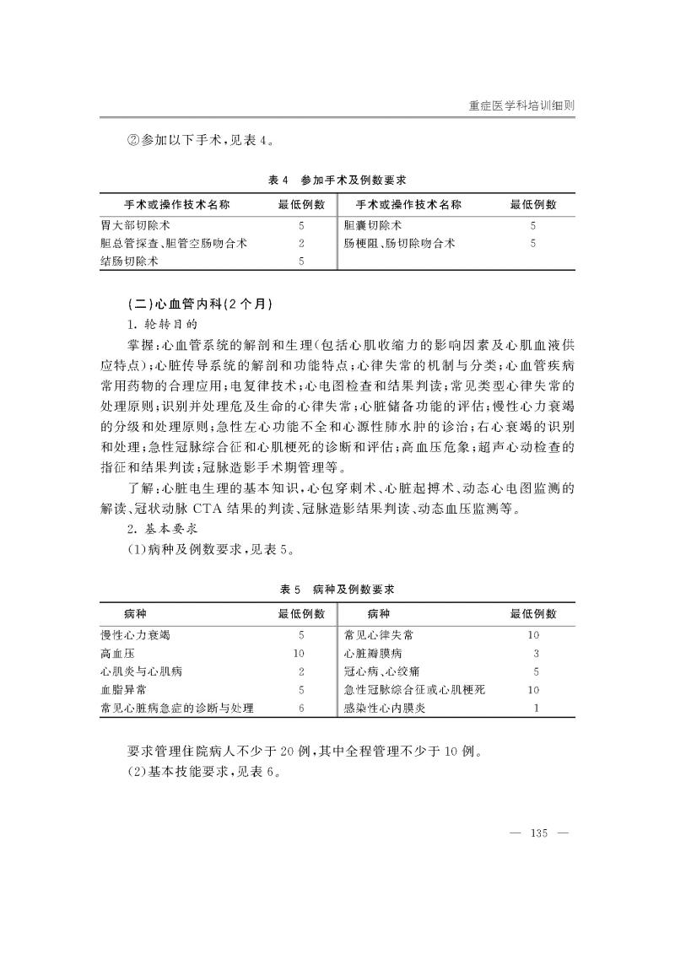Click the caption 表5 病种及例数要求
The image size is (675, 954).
coord(337,588)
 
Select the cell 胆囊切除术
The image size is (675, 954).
coord(372,226)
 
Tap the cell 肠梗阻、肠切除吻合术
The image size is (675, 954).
coord(400,244)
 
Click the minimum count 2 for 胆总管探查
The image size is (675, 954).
coord(301,244)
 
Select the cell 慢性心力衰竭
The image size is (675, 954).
coord(134,634)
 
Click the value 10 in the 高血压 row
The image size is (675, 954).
coord(299,653)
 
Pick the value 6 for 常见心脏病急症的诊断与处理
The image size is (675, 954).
coord(301,708)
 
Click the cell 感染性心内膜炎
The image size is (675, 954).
coord(384,708)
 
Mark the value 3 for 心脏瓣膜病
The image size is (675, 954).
coord(536,653)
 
